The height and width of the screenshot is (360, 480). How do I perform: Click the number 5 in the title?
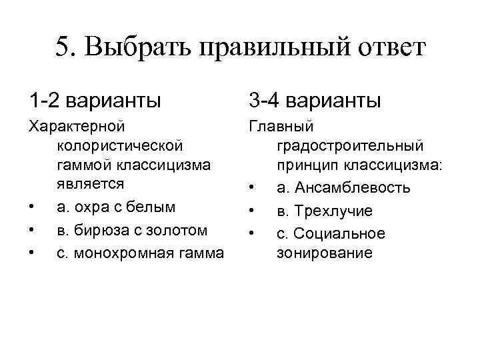coord(63,49)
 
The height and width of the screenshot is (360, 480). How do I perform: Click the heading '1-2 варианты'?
coord(95,101)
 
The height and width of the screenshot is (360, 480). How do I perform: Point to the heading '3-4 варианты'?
coord(315,101)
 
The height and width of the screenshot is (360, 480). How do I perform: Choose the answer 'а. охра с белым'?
coord(117,207)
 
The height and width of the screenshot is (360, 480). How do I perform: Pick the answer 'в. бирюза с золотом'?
coord(133,230)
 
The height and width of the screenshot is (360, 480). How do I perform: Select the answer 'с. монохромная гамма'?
coord(140,253)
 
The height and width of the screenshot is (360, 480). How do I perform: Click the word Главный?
coord(276,125)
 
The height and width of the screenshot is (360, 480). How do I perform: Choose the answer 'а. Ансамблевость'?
coord(343,188)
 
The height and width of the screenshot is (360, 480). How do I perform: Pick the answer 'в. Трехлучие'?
coord(325,211)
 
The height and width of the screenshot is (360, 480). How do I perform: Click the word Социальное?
coord(339,234)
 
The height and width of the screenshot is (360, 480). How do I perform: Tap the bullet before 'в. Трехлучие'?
coord(251,212)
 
